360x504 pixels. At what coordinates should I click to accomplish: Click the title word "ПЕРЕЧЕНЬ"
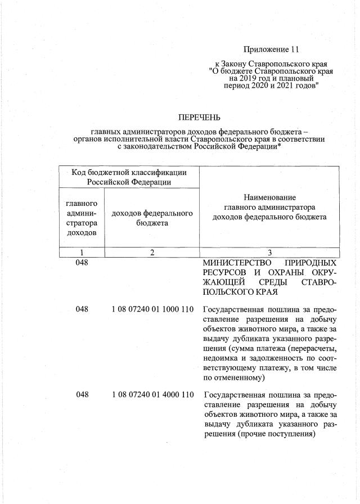point(199,118)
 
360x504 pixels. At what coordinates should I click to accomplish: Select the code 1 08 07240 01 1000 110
point(153,309)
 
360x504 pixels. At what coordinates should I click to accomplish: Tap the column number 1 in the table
point(82,252)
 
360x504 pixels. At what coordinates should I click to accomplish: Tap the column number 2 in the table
point(152,252)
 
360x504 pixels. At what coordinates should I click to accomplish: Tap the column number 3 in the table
point(269,252)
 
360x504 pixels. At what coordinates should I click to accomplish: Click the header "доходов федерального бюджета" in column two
point(152,218)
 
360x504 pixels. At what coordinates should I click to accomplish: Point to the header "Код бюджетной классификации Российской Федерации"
point(129,177)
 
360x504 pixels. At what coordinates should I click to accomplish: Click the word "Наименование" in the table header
point(269,197)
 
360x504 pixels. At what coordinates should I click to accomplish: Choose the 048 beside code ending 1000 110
point(82,309)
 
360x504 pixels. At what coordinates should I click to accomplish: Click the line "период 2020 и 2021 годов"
point(272,87)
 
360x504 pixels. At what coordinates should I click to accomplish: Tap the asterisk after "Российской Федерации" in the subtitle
point(280,145)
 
